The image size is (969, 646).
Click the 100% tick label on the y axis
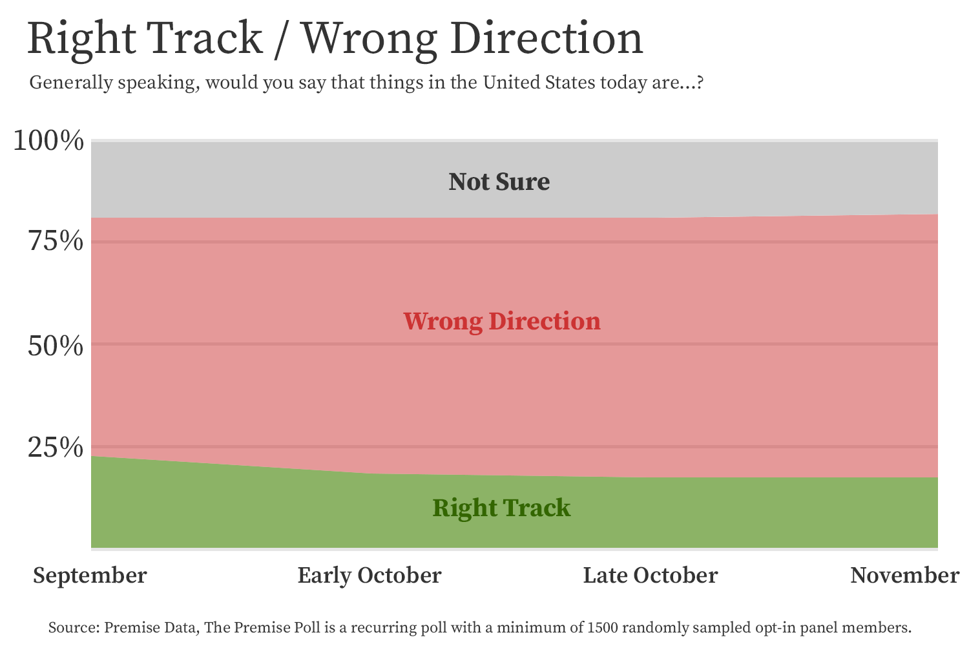48,141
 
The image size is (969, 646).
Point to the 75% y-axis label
56,240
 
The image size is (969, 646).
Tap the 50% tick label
56,346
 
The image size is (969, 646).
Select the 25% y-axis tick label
56,447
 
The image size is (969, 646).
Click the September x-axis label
90,576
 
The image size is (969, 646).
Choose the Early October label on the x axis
370,576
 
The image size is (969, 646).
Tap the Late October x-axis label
651,576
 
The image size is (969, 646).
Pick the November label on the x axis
905,576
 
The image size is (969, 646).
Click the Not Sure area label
499,182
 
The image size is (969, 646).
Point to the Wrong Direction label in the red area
502,322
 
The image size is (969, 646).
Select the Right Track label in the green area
501,508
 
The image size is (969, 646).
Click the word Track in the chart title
204,38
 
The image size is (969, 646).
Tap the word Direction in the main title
547,38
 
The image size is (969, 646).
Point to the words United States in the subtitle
539,82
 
